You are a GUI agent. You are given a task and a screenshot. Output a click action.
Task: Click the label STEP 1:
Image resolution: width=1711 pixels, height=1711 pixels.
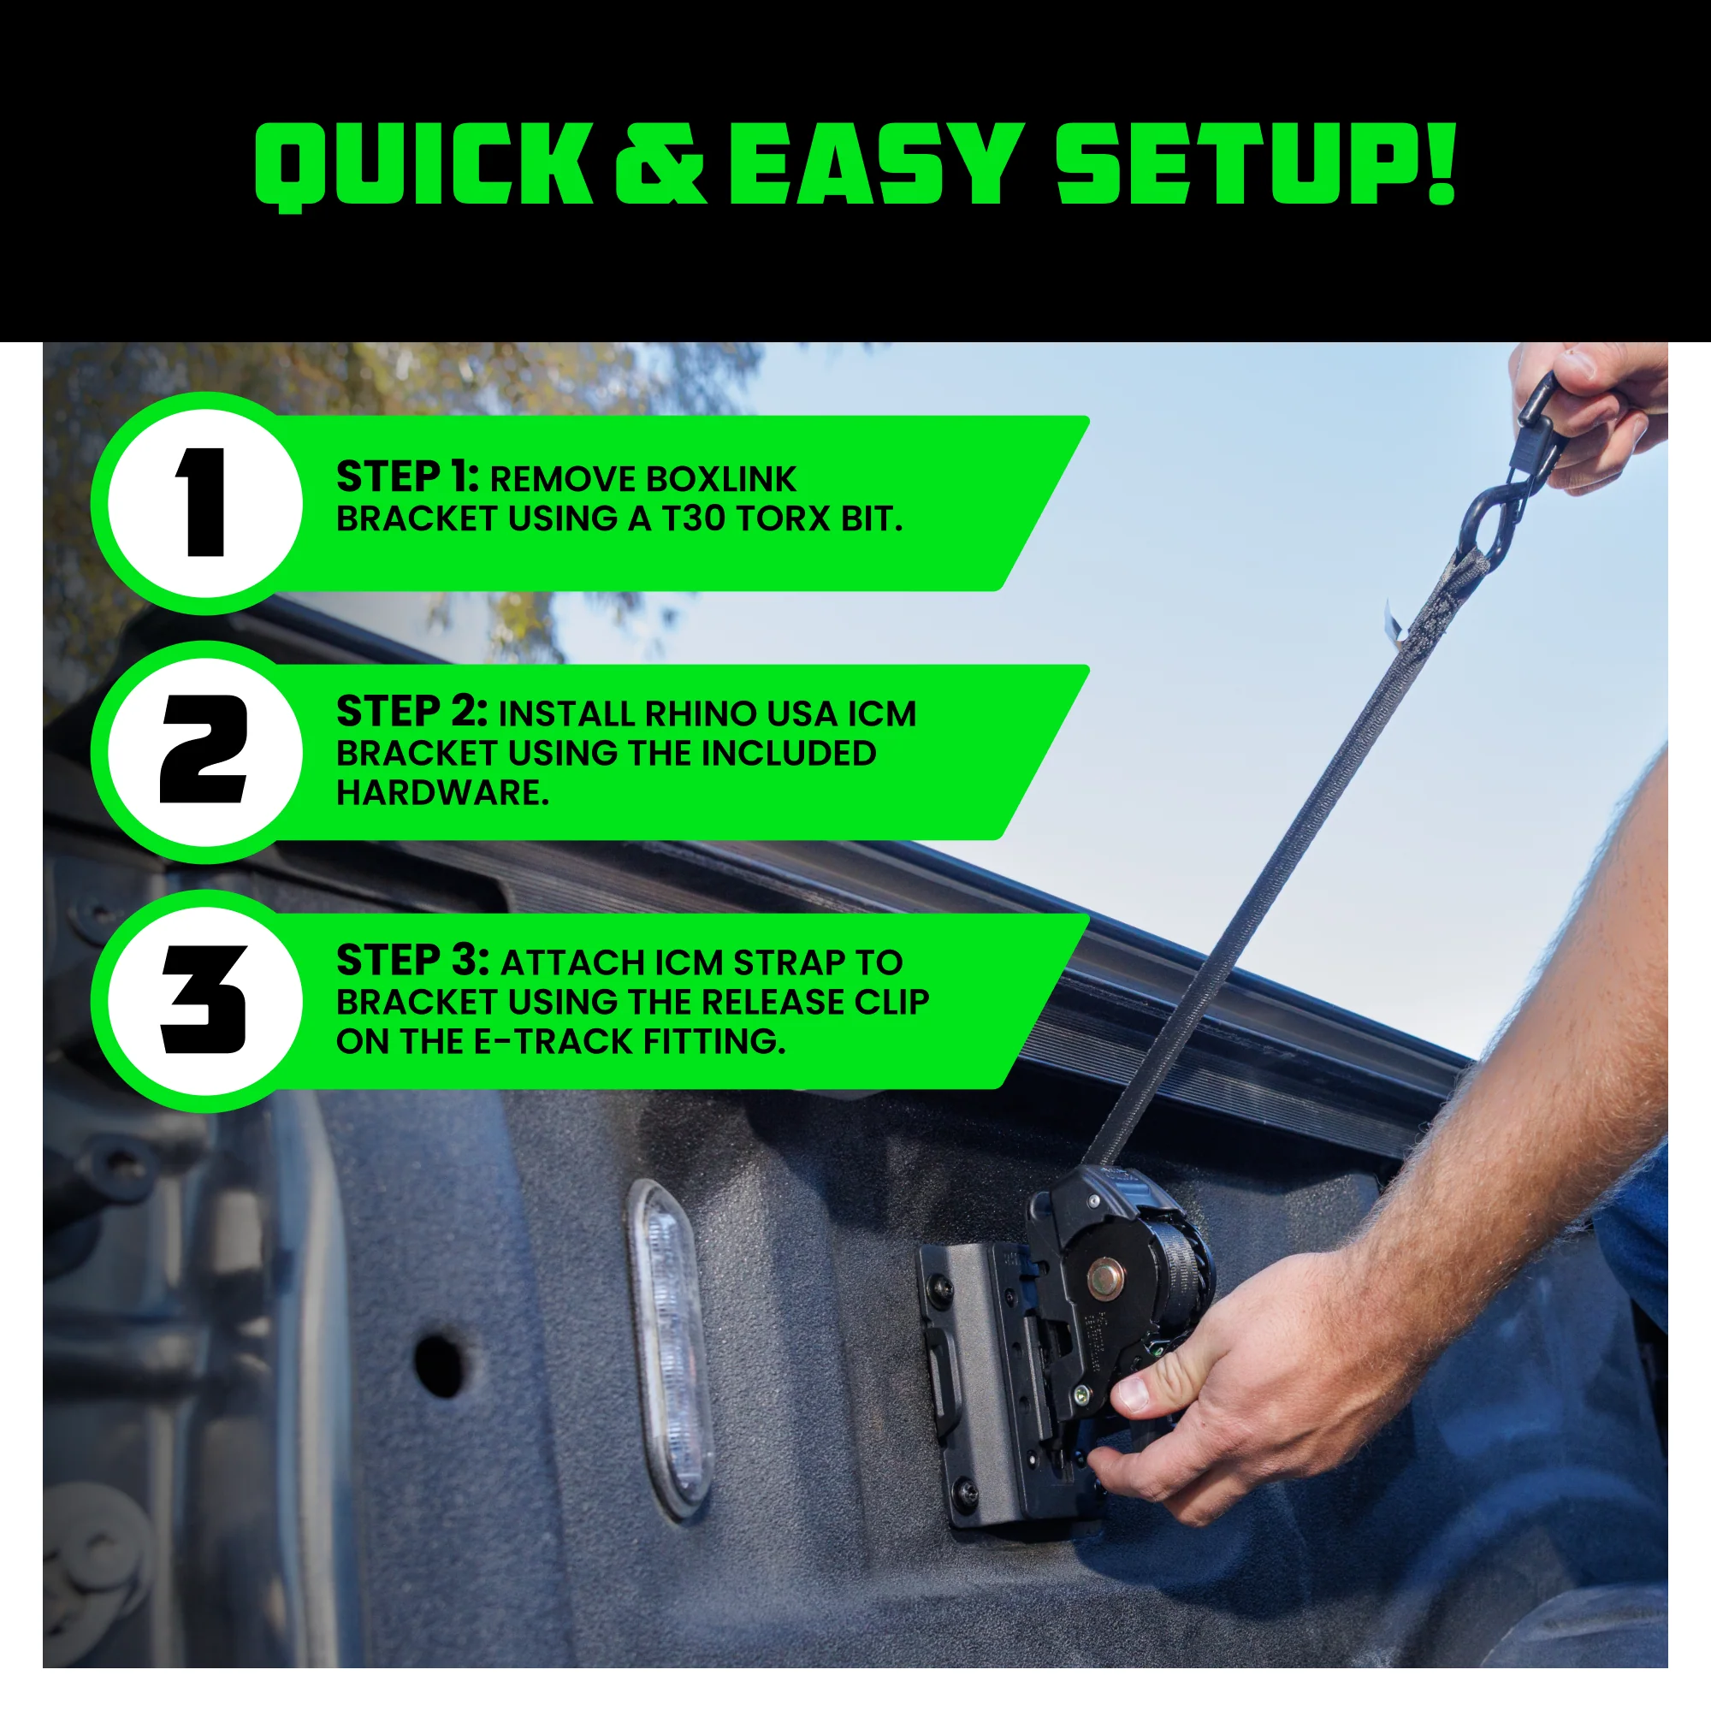click(407, 478)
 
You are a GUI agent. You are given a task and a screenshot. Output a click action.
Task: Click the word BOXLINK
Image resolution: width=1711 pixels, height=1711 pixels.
click(720, 479)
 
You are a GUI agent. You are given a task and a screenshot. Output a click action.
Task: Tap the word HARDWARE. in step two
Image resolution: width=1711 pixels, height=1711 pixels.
click(443, 793)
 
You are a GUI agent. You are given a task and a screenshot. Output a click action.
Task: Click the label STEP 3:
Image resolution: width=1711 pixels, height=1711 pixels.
click(411, 961)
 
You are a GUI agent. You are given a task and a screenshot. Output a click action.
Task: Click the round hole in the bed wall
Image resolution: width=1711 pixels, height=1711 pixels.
click(440, 1364)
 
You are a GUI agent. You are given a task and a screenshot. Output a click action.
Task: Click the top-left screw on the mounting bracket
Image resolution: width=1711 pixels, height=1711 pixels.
click(940, 1292)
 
